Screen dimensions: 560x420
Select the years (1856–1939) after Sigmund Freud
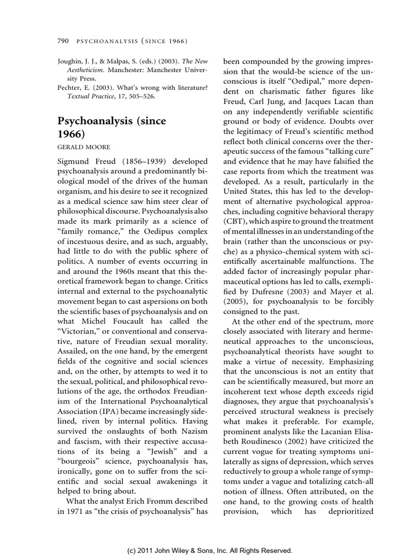point(135,164)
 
